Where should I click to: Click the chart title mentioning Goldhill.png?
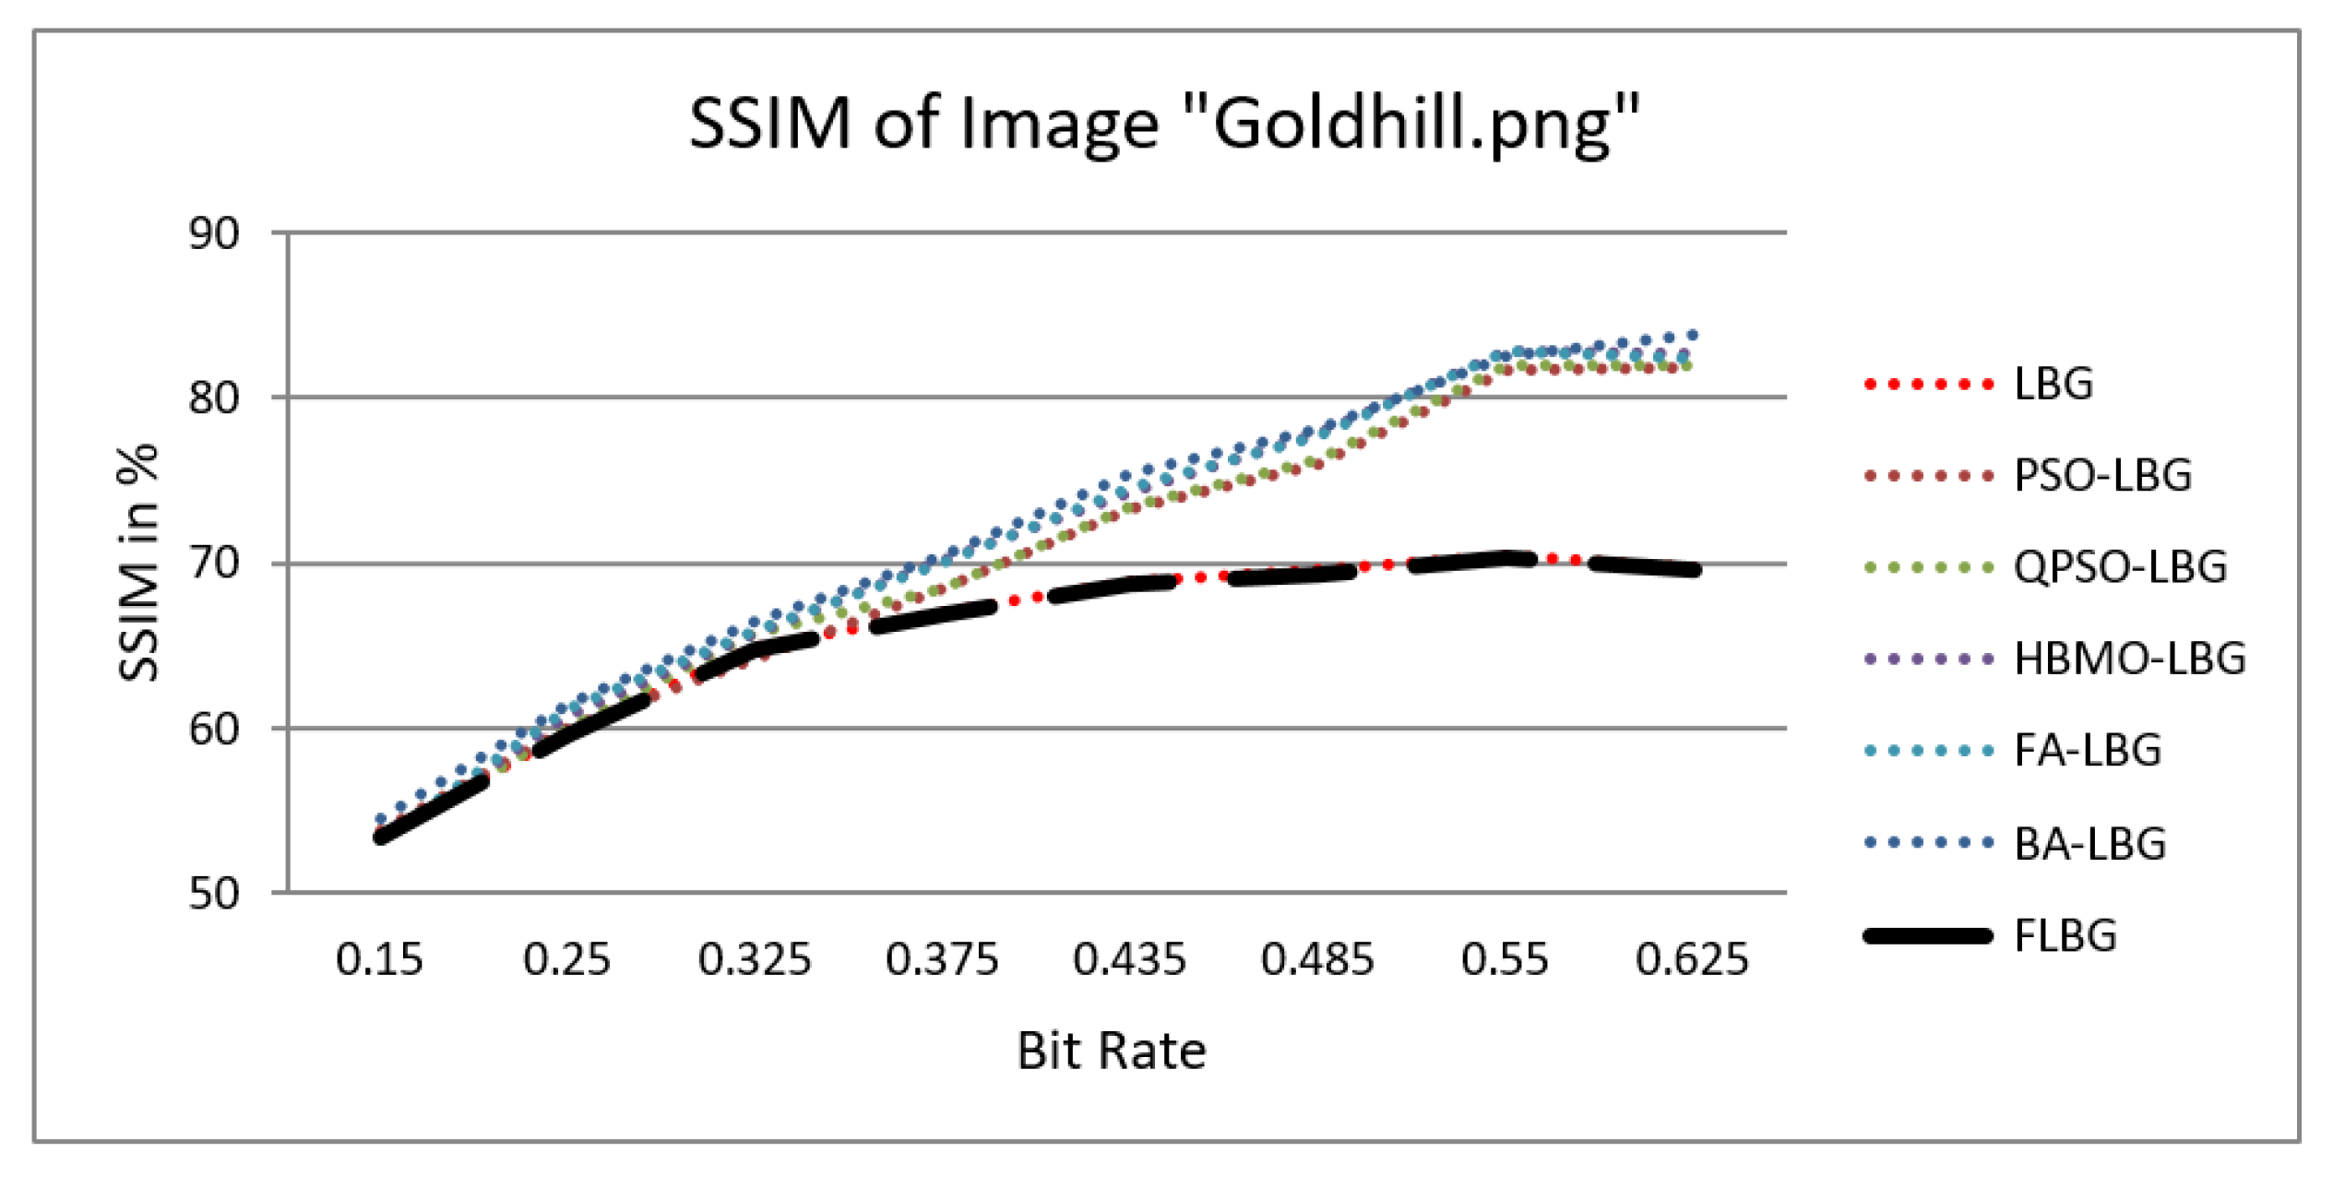pyautogui.click(x=1164, y=125)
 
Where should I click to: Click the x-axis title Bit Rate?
pyautogui.click(x=1112, y=1051)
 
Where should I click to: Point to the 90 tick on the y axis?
pyautogui.click(x=214, y=234)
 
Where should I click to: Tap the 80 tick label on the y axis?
pyautogui.click(x=214, y=398)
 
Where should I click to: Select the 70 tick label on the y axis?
pyautogui.click(x=214, y=564)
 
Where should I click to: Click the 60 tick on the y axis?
pyautogui.click(x=214, y=730)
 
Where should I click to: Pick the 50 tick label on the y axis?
pyautogui.click(x=214, y=895)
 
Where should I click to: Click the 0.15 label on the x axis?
pyautogui.click(x=379, y=960)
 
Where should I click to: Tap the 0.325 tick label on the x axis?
pyautogui.click(x=755, y=960)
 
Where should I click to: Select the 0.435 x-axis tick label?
pyautogui.click(x=1129, y=960)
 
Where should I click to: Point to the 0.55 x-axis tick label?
pyautogui.click(x=1505, y=960)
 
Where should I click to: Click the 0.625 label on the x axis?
pyautogui.click(x=1692, y=960)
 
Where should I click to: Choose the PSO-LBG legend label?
pyautogui.click(x=2102, y=476)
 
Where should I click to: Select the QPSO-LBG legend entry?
pyautogui.click(x=2120, y=567)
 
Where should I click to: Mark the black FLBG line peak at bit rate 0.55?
pyautogui.click(x=1506, y=558)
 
